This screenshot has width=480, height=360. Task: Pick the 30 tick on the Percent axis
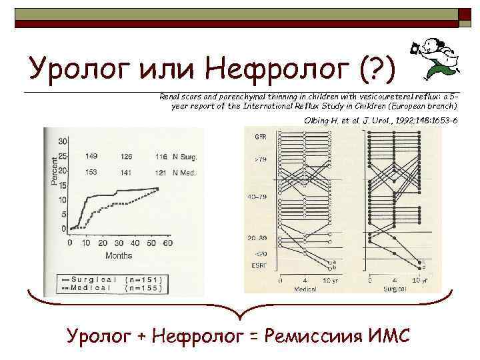63,141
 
